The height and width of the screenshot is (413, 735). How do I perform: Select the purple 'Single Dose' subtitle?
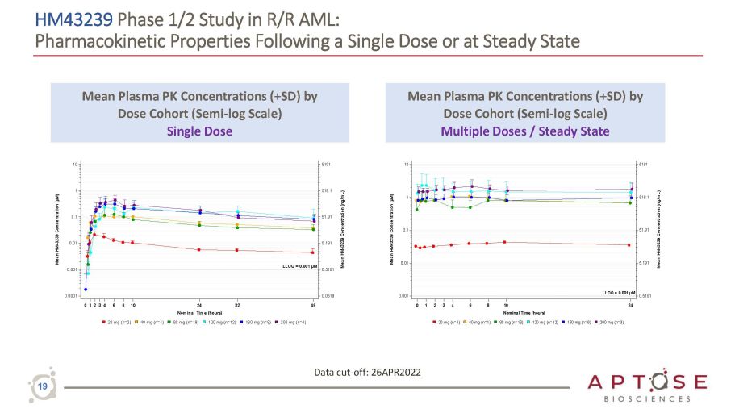coord(199,131)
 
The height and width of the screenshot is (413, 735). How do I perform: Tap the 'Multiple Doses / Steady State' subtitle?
coord(525,131)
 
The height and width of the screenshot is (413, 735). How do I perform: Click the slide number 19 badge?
coord(44,388)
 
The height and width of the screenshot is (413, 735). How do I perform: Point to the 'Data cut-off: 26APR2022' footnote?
coord(367,371)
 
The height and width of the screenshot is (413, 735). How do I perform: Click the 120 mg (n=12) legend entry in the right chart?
coord(546,321)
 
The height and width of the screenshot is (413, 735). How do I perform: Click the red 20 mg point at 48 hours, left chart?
coord(314,252)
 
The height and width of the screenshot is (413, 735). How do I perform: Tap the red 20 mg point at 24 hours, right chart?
coord(629,244)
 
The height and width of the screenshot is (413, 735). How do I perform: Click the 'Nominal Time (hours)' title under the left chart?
coord(199,312)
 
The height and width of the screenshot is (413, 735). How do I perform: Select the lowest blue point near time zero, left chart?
coord(86,289)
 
